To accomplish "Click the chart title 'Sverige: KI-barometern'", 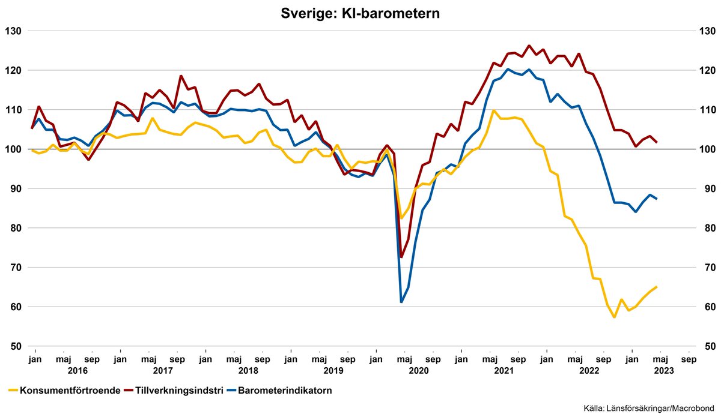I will pyautogui.click(x=360, y=13).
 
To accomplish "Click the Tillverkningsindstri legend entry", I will pyautogui.click(x=174, y=391).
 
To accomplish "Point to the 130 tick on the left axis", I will pyautogui.click(x=13, y=31).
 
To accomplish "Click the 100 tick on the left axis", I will pyautogui.click(x=13, y=149).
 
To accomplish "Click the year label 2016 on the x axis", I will pyautogui.click(x=78, y=371).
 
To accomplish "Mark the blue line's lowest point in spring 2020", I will pyautogui.click(x=401, y=302).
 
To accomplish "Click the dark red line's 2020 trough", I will pyautogui.click(x=401, y=257).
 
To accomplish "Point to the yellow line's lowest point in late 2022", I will pyautogui.click(x=614, y=317).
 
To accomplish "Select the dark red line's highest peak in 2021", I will pyautogui.click(x=529, y=46).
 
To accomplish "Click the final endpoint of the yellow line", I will pyautogui.click(x=657, y=287).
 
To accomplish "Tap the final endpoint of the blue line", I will pyautogui.click(x=657, y=199).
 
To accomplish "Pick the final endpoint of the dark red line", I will pyautogui.click(x=657, y=142).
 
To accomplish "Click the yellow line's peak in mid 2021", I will pyautogui.click(x=493, y=110).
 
